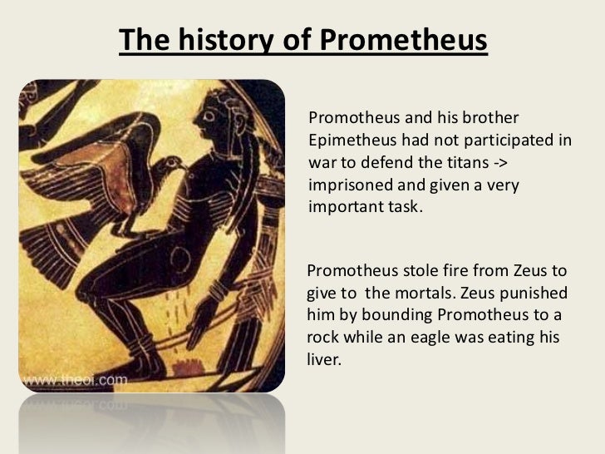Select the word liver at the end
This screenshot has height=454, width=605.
pos(325,361)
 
